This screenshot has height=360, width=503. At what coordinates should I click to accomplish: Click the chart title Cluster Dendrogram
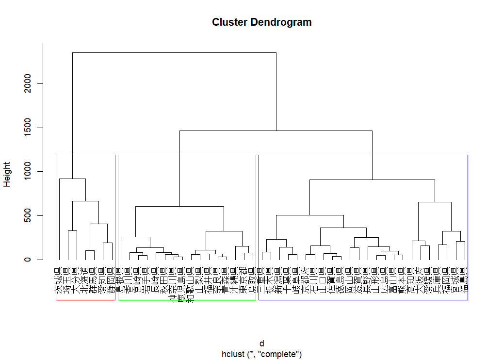pyautogui.click(x=261, y=22)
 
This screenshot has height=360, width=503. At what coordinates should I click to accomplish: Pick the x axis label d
pyautogui.click(x=261, y=344)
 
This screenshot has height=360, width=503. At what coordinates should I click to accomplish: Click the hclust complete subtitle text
pyautogui.click(x=261, y=354)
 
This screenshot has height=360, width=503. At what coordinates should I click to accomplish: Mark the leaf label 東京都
pyautogui.click(x=241, y=280)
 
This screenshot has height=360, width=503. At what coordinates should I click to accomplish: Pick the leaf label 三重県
pyautogui.click(x=262, y=280)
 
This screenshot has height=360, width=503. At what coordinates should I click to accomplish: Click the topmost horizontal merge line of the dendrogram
pyautogui.click(x=174, y=52)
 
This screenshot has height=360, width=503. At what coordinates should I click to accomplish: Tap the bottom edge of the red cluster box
pyautogui.click(x=85, y=300)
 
